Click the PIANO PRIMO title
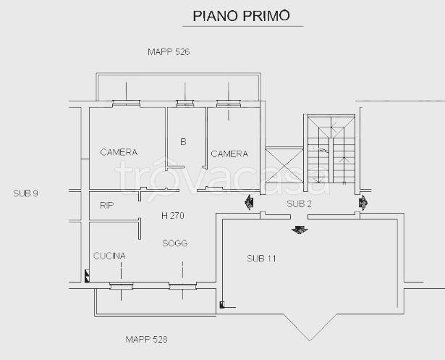point(241,16)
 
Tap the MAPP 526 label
point(169,52)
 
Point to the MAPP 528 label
point(146,339)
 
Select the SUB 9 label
point(25,193)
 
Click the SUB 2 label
point(299,204)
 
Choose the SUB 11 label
point(261,259)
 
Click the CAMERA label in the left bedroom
point(119,152)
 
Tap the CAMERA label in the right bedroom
point(229,154)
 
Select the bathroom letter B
point(183,141)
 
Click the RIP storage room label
point(106,205)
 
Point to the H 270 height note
point(173,216)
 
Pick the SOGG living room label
point(175,243)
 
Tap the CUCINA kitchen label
point(109,256)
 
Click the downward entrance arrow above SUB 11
point(300,230)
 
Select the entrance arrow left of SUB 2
point(249,202)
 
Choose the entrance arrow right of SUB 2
point(363,203)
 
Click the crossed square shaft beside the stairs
point(284,165)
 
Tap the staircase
point(331,149)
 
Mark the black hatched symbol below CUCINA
point(87,276)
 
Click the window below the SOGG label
point(182,286)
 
